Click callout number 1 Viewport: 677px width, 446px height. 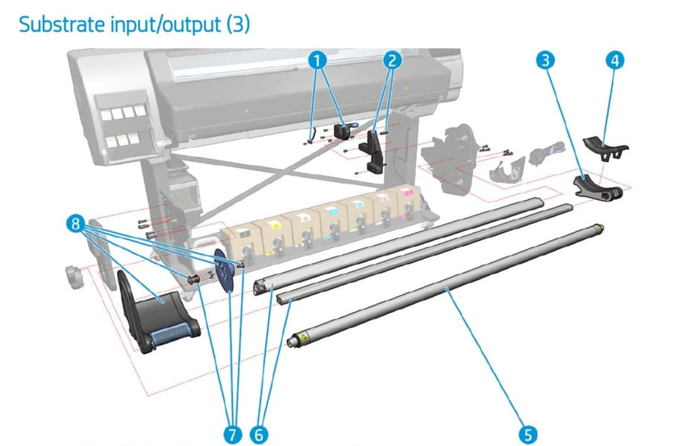(x=318, y=59)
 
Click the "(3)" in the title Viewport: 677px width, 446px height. (x=236, y=24)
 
